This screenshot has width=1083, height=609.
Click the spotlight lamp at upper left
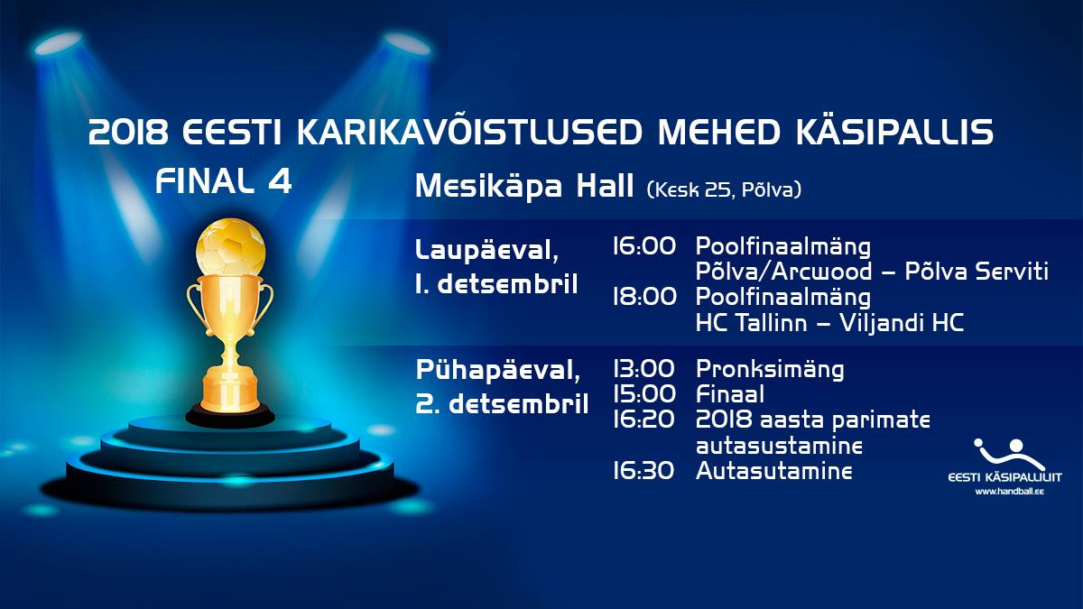(x=59, y=43)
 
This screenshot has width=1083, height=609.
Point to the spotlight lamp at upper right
(x=405, y=44)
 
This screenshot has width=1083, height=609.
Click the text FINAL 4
(x=224, y=181)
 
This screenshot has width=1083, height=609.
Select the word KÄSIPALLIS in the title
(x=895, y=132)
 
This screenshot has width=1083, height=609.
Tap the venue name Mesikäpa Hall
(x=524, y=186)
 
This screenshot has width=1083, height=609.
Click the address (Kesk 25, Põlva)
(x=724, y=189)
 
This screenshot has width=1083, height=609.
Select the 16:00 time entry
(x=644, y=246)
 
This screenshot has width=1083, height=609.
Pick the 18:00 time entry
(x=644, y=296)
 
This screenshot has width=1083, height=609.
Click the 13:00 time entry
(x=643, y=369)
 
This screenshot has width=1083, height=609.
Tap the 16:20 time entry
(x=643, y=419)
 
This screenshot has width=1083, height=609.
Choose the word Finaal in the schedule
(x=730, y=394)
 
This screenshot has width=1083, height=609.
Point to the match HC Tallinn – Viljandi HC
(x=829, y=322)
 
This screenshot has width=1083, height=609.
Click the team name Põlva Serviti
(x=977, y=272)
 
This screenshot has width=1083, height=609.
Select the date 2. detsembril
(x=502, y=404)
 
